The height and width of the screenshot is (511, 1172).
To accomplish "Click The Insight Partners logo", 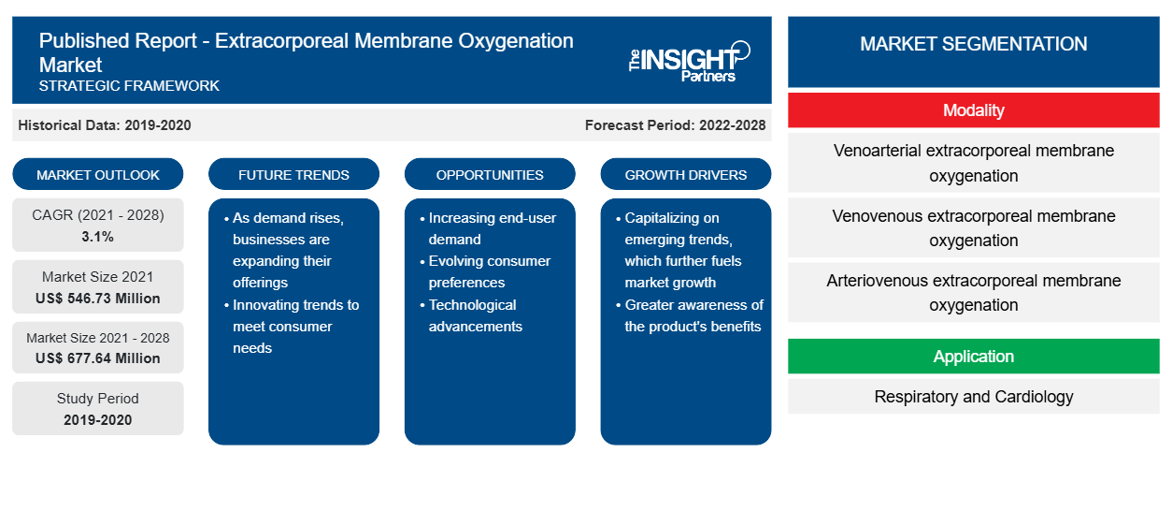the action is (689, 62).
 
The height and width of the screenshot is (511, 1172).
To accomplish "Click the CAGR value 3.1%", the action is (98, 237).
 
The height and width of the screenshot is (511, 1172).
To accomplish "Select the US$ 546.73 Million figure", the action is (98, 299).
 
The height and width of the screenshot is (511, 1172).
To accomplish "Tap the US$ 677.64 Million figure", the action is (98, 358).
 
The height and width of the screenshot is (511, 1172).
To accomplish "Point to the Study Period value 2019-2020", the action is (98, 420).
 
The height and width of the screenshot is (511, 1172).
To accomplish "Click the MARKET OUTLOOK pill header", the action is (98, 174).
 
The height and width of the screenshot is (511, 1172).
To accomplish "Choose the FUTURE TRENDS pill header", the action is (293, 174).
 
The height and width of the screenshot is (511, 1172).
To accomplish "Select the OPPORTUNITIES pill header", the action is (490, 174).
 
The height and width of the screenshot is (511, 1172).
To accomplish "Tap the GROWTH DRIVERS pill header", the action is (685, 174).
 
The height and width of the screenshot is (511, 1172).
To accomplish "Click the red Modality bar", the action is (973, 110).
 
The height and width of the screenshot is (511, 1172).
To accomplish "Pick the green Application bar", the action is (973, 357).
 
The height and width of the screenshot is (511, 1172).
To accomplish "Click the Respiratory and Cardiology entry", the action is (973, 397).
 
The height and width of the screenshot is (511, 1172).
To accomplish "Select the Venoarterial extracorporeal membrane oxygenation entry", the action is (973, 163).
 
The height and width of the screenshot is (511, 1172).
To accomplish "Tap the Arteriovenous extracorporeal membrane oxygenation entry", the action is (973, 292).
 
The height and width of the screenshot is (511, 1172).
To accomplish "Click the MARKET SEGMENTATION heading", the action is (973, 44).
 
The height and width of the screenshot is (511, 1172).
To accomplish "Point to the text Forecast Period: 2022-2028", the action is (675, 125).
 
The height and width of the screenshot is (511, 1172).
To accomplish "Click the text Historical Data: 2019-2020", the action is (105, 125).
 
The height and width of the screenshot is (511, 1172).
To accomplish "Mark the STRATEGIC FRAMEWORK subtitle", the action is (129, 86).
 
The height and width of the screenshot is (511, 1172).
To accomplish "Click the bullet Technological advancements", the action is (475, 315).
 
